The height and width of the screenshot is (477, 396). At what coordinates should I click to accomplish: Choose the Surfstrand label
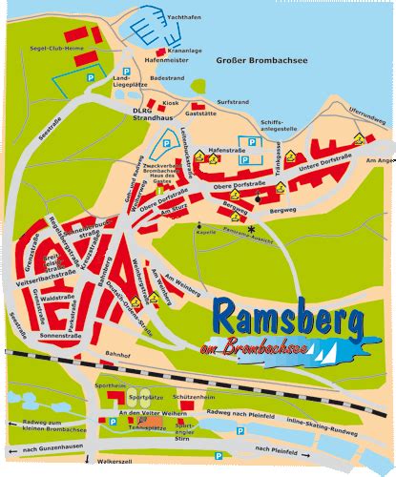(233, 100)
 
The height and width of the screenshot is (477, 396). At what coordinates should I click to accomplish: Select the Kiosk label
(171, 101)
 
